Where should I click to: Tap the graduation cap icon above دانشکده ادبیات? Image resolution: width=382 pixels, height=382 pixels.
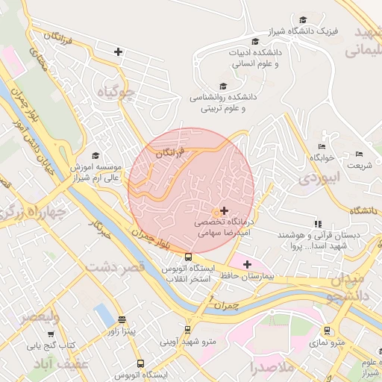[256, 41]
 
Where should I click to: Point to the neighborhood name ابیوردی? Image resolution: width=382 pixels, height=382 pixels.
[319, 178]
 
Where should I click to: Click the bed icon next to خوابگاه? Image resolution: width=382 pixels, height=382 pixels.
[322, 146]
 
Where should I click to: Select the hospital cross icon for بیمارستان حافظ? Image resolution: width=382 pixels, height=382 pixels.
[247, 264]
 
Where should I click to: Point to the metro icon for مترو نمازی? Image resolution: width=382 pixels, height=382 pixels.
[327, 330]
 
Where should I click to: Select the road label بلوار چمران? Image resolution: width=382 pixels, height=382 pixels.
[158, 240]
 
